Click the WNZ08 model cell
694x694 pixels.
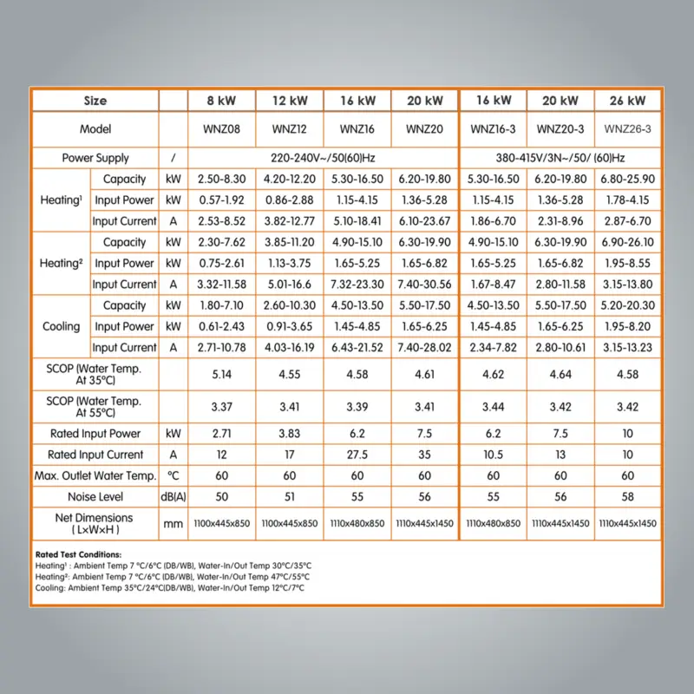[x=222, y=129]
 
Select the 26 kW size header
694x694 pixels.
[x=627, y=101]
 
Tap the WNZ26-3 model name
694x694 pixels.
[x=627, y=129]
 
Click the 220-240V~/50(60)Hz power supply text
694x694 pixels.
[x=323, y=158]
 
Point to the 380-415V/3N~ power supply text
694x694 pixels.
[x=560, y=158]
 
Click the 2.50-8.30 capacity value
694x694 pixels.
[x=222, y=180]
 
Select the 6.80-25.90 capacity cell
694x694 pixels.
[x=627, y=180]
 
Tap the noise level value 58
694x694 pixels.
[x=627, y=497]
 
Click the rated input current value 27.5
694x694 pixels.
[x=357, y=455]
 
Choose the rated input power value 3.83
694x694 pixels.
[x=290, y=433]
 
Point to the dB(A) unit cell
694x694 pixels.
[x=173, y=497]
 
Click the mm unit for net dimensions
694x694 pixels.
[x=173, y=524]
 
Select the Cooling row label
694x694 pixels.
[x=61, y=326]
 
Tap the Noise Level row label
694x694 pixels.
[x=95, y=497]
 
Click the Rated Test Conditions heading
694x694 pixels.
[x=78, y=554]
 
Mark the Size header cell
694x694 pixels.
[x=95, y=101]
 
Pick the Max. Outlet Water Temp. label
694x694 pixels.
[x=95, y=475]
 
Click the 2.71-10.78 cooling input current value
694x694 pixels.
[x=222, y=348]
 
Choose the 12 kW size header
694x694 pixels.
[x=290, y=101]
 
